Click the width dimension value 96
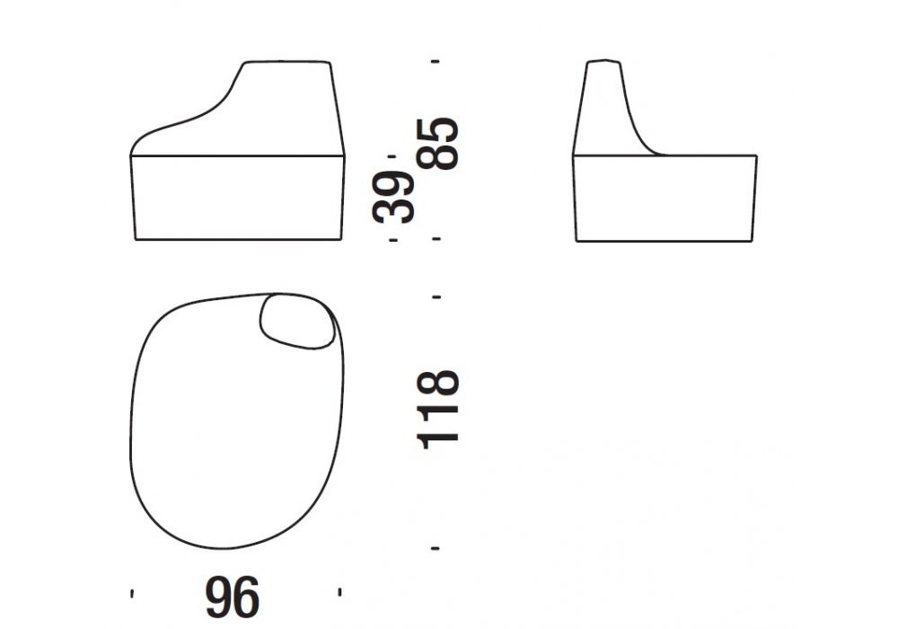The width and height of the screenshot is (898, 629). click(233, 598)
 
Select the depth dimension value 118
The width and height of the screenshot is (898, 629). click(439, 409)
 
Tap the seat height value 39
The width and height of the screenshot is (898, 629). click(393, 197)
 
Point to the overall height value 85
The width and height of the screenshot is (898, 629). click(439, 143)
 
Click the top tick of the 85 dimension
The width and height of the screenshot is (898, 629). click(436, 61)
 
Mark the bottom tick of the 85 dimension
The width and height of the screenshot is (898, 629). click(436, 239)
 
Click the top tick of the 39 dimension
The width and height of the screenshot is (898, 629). click(392, 155)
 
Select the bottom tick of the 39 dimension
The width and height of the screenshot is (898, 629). click(393, 240)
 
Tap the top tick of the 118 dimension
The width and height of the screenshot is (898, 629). click(436, 297)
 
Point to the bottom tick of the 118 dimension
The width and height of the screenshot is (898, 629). click(436, 548)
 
